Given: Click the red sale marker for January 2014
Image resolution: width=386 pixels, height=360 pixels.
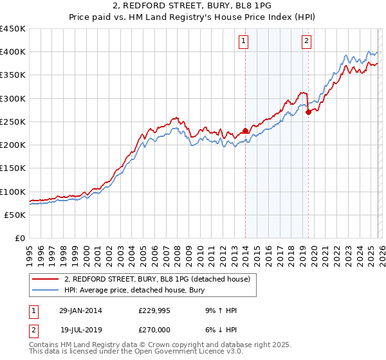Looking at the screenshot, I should point(245,131).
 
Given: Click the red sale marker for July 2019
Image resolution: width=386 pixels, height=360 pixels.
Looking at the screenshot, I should point(308,112).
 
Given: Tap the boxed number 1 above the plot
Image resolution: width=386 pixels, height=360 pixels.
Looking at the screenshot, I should point(245,42).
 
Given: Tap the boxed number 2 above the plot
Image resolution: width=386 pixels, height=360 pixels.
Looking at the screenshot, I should point(306,42).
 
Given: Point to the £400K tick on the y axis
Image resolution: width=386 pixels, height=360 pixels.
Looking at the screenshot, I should point(13,52).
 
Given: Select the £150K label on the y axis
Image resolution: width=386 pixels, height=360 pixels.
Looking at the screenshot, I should point(13,168).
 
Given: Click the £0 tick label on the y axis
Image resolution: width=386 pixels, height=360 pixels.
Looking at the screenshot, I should point(20,239).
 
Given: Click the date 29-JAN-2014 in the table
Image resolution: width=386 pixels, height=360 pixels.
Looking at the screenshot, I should point(80,310).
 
